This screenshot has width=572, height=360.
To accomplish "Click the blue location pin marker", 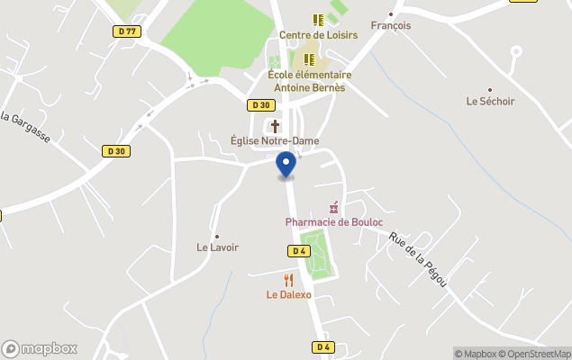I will [286, 165].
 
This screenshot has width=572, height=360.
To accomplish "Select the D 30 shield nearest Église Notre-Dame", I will [260, 104].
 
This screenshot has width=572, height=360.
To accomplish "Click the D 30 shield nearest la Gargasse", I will [114, 150].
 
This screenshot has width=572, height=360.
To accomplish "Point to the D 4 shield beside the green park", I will [300, 250].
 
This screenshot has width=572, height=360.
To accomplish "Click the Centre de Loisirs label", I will [318, 35].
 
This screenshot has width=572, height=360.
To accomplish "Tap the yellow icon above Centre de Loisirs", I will [317, 19].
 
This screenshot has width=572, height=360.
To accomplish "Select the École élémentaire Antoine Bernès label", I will [309, 81].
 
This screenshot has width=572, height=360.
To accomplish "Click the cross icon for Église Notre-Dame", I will [275, 126].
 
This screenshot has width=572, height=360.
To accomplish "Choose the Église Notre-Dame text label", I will [275, 140].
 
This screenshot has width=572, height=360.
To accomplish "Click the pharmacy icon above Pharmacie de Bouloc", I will [333, 208].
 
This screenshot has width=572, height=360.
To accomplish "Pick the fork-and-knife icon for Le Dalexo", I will [288, 280].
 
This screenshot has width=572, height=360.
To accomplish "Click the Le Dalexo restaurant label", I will [288, 294].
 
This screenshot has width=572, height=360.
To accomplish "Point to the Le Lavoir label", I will [217, 247].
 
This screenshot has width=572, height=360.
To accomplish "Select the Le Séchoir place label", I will [490, 102].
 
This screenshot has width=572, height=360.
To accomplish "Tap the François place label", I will [390, 25].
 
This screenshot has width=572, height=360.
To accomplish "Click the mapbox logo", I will [39, 348].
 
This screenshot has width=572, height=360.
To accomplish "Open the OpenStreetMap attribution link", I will [535, 354].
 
